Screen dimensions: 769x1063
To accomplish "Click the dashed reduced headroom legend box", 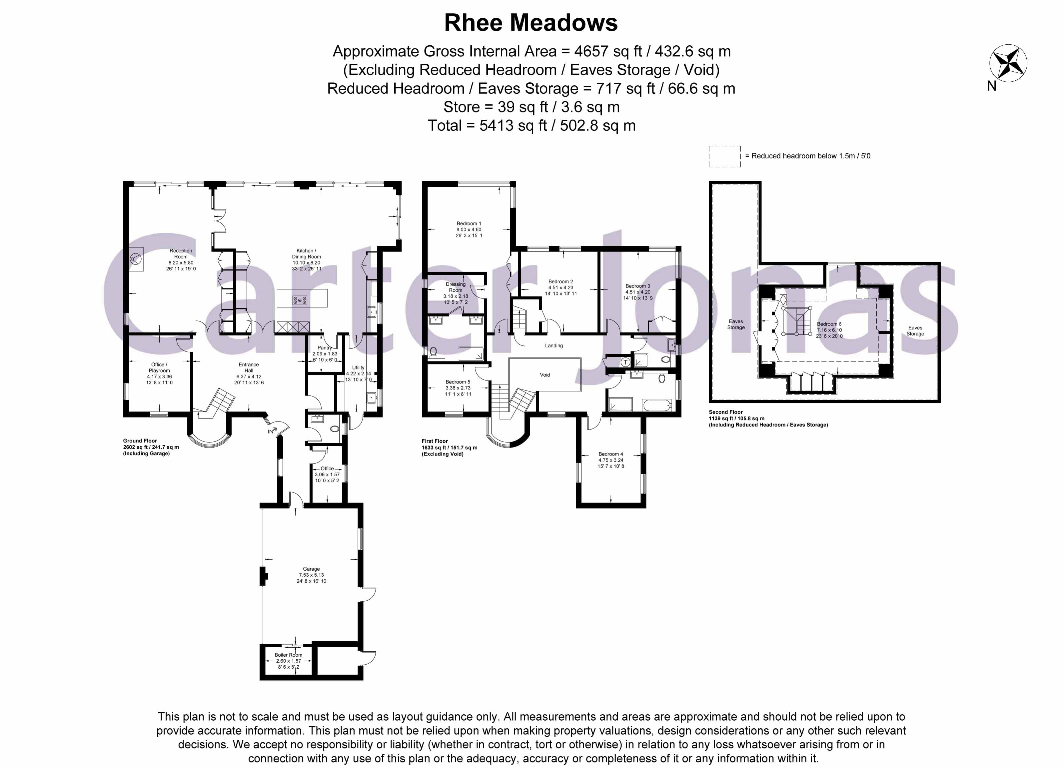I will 724,156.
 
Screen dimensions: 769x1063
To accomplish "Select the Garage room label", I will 311,569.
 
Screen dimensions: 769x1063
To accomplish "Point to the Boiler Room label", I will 288,655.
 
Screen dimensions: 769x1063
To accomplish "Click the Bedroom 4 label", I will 611,454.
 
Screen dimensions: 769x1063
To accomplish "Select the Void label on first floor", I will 544,374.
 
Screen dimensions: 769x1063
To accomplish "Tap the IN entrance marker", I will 271,431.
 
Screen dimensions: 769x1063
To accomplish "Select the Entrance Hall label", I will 248,367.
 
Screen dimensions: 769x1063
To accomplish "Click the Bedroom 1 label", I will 469,224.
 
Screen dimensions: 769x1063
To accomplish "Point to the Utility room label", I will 358,367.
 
